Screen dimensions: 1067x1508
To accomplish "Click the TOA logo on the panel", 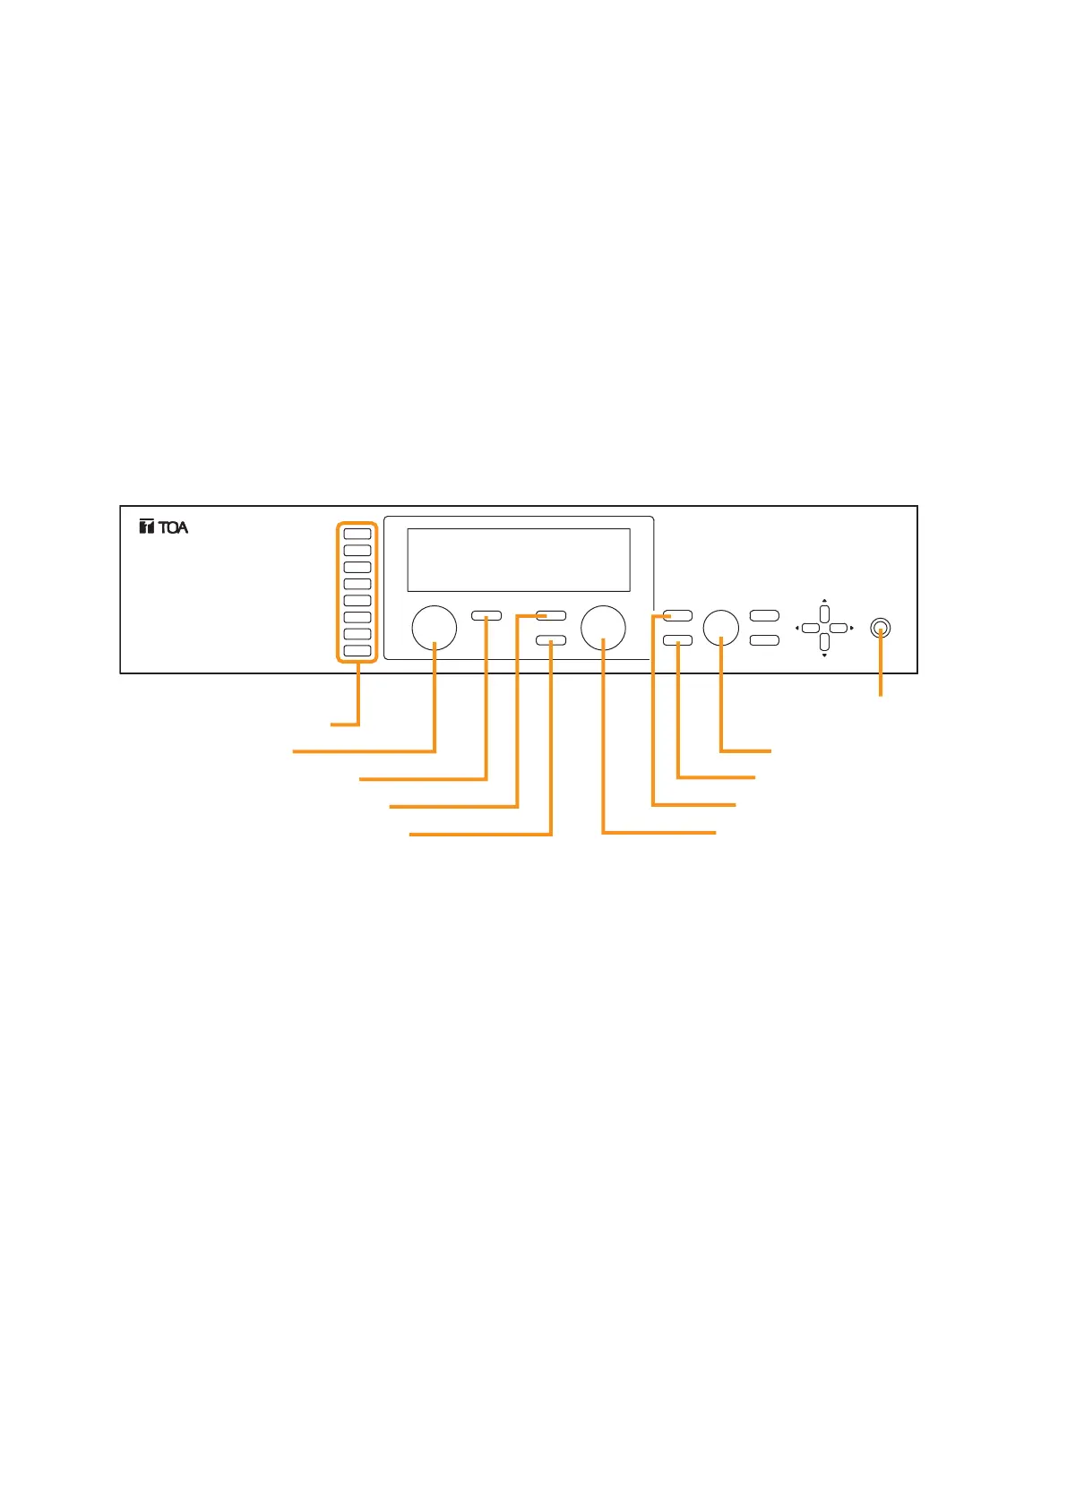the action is coord(164,527).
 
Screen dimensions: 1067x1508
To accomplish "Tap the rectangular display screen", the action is coord(518,560).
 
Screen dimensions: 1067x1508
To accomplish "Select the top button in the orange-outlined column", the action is coord(357,534).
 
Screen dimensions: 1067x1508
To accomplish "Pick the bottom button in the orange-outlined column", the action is coord(357,651).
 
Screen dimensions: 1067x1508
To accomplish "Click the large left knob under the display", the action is coord(434,628).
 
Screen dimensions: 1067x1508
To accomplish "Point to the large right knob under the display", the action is coord(603,628).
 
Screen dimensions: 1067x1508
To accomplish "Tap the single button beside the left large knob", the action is coord(486,616).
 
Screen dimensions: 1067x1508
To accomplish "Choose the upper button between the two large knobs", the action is coord(551,616).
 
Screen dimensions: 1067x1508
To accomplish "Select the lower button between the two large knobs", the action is coord(551,640).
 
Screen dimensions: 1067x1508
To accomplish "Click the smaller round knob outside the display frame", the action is coord(721,628).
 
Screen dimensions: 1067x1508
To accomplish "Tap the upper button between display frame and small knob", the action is coord(677,616).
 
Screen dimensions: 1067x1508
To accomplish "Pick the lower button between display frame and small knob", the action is coord(677,640).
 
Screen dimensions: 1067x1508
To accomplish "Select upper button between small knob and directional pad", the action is coord(764,616).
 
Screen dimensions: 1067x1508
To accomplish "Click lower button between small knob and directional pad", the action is coord(764,640).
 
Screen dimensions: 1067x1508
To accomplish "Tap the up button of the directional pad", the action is coord(824,615).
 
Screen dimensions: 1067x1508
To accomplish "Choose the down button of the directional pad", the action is coord(824,642).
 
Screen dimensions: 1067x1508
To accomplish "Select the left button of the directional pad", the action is coord(810,629).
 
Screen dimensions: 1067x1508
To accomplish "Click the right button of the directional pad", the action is coord(839,629).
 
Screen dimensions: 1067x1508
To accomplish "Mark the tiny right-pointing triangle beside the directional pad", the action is coord(851,629).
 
